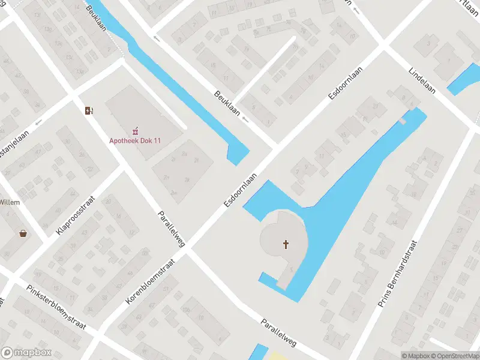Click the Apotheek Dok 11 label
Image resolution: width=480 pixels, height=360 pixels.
[134, 141]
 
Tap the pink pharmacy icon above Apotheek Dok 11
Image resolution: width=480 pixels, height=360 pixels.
[135, 130]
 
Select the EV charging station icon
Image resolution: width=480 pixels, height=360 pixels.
[89, 110]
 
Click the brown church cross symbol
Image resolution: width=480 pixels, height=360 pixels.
[286, 244]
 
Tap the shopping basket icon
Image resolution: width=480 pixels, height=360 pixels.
[23, 233]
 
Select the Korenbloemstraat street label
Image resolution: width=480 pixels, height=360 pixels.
[151, 281]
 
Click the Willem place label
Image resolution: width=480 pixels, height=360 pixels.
[10, 202]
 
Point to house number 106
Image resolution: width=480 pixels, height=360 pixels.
[186, 309]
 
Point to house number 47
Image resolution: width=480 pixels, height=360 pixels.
[85, 233]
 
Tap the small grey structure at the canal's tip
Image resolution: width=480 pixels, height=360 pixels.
[403, 121]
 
